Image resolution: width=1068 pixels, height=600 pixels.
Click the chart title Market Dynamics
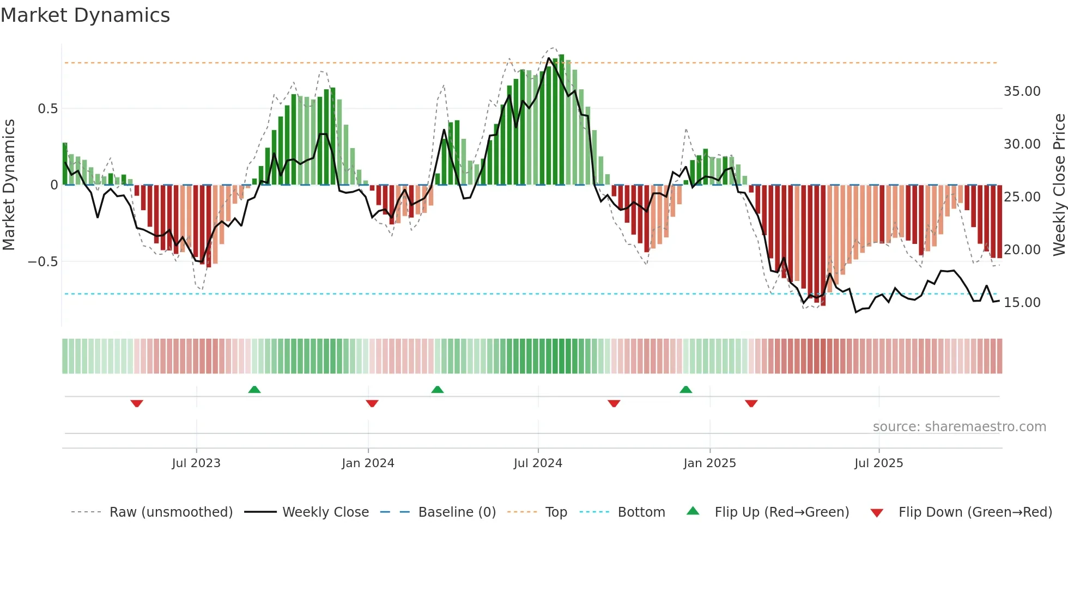click(x=85, y=15)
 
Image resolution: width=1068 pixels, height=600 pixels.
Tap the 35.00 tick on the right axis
click(x=1022, y=91)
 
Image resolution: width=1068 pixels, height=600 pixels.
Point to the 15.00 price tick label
click(x=1022, y=303)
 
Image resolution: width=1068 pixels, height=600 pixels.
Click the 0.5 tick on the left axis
click(x=47, y=109)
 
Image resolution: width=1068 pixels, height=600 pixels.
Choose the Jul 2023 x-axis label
click(x=196, y=463)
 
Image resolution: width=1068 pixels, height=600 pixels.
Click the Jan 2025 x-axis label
click(x=709, y=463)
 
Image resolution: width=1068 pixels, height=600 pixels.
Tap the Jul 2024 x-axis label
click(x=538, y=463)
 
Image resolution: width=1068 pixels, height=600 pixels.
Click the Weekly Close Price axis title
click(x=1059, y=185)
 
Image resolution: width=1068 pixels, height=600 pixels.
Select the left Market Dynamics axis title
click(x=9, y=185)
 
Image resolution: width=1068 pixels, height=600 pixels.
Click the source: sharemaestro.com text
click(x=959, y=427)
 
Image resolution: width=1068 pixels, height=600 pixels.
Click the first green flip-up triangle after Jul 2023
click(x=254, y=389)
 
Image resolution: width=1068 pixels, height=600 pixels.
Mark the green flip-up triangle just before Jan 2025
click(x=686, y=389)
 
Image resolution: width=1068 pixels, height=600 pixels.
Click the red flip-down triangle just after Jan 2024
click(x=372, y=403)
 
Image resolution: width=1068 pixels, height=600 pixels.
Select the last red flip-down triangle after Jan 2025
click(x=751, y=403)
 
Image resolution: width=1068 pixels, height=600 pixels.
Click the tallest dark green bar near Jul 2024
click(x=561, y=120)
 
